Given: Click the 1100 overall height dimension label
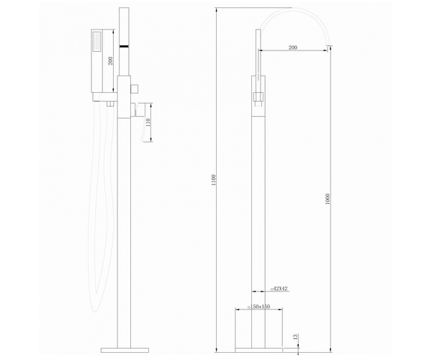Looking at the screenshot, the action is coord(214,180).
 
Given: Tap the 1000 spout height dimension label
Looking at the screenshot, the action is coord(328,199).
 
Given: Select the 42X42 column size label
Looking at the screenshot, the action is coord(279,289).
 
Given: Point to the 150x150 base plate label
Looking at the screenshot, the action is coord(259,307).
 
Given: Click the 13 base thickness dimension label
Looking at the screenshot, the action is coord(295,336).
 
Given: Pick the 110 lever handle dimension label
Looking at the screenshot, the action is coord(148,122).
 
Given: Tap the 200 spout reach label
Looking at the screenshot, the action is coord(292,48).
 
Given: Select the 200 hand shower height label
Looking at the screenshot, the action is coord(110,60).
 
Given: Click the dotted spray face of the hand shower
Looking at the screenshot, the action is coord(97,42).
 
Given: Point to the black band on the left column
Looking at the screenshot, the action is coord(124,46).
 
